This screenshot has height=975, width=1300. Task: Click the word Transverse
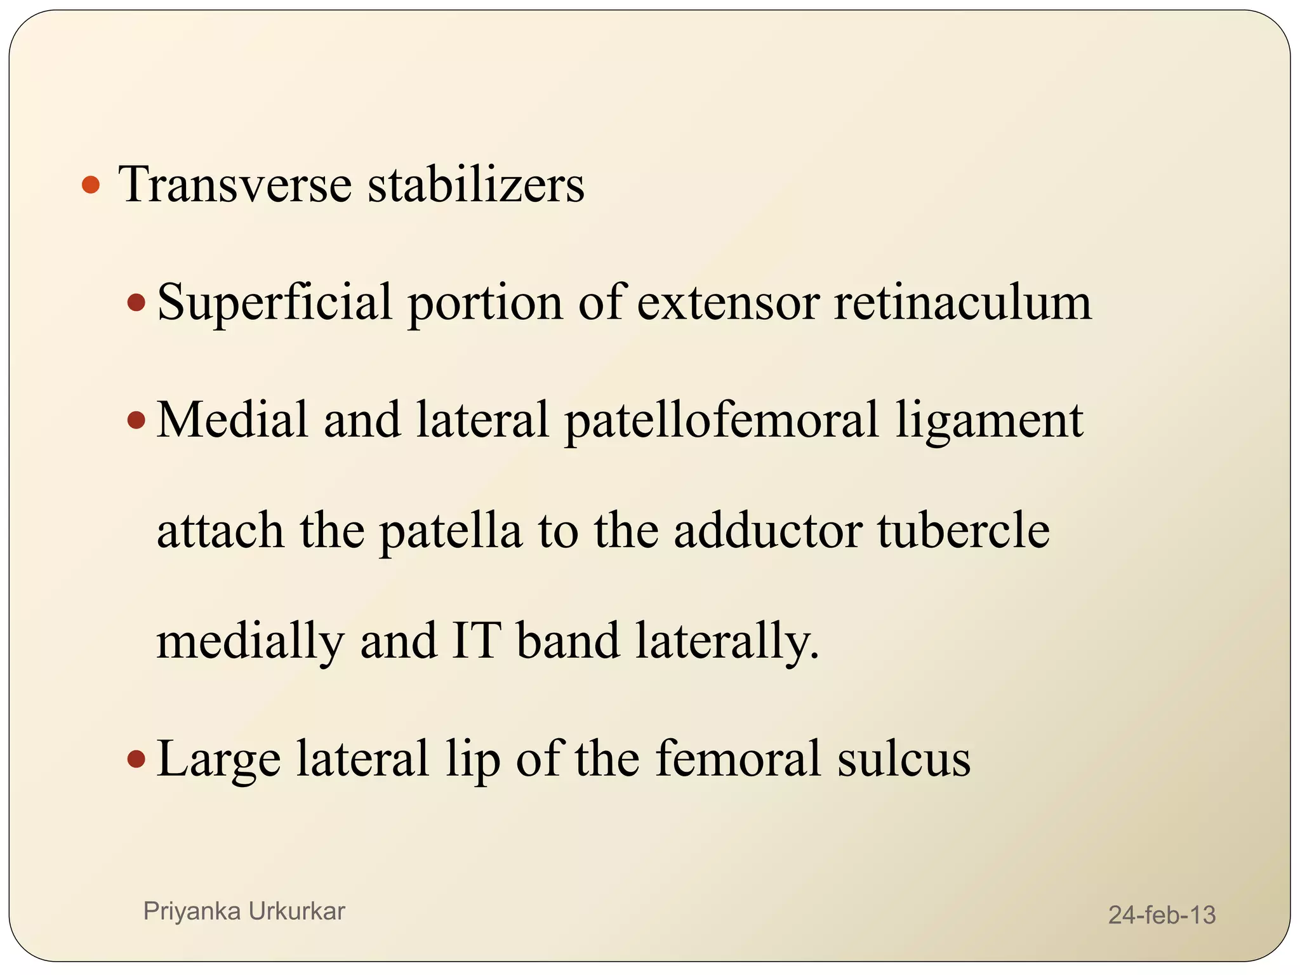[235, 185]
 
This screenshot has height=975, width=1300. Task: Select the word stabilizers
[476, 185]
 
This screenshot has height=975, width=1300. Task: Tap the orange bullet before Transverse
[91, 185]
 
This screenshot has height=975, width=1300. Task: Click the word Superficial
[274, 303]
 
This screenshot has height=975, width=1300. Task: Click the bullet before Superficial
[136, 303]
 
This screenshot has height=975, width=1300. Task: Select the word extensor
[728, 303]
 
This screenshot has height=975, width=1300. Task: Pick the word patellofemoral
[722, 421]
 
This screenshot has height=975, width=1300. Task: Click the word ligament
[989, 421]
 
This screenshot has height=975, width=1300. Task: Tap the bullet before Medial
[136, 420]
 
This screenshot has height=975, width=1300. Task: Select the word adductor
[767, 531]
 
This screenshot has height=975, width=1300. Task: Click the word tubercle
[964, 531]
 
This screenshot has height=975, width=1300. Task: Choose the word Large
[218, 759]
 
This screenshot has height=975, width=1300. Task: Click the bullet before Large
[136, 758]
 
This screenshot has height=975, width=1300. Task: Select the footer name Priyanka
[192, 912]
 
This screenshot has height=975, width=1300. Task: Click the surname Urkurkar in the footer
[296, 911]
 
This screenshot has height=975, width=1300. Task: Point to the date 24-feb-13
[1162, 915]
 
